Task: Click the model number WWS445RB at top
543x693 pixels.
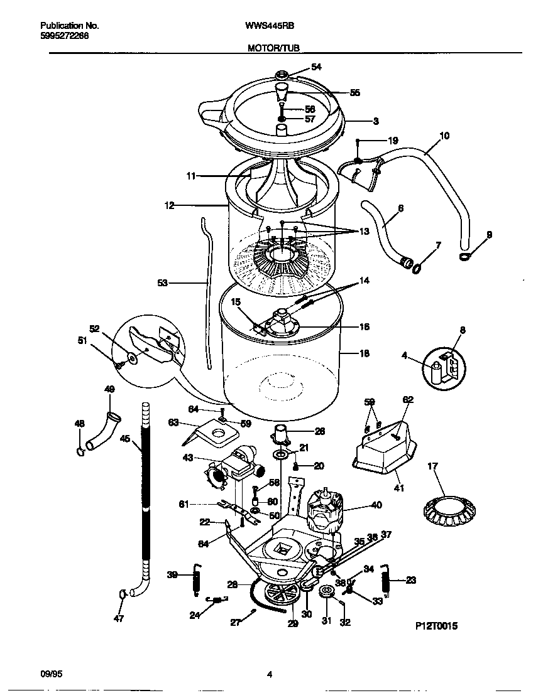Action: [270, 26]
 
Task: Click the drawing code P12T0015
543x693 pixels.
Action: [436, 626]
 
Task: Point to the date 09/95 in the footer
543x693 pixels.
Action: [50, 674]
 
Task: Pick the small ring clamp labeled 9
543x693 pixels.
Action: [465, 256]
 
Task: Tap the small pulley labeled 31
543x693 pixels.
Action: [326, 594]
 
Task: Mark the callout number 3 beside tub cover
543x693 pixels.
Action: [375, 121]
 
